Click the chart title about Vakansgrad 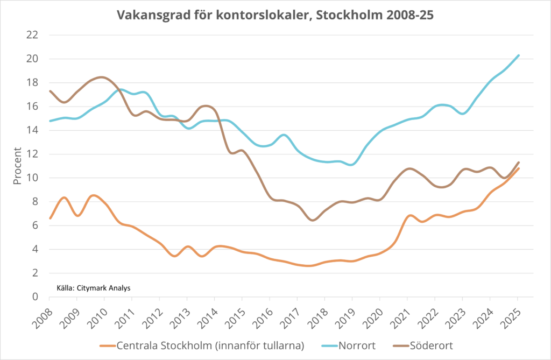coord(275,16)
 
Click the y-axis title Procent coord(17,166)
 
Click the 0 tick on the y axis coord(36,297)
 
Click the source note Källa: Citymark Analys coord(94,288)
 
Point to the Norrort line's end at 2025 coord(518,55)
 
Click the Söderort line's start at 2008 coord(50,91)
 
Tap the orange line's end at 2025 coord(518,168)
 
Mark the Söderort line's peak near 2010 coord(102,77)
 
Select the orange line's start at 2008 coord(50,218)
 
